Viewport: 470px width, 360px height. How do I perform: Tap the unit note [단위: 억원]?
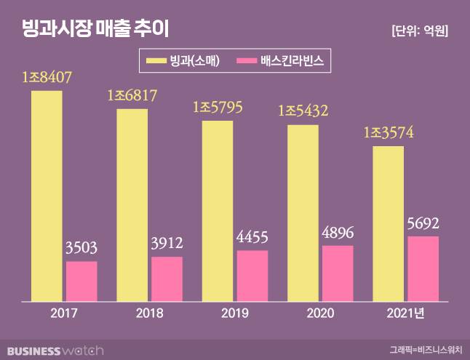click(x=419, y=31)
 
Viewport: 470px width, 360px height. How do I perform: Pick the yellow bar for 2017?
click(x=47, y=196)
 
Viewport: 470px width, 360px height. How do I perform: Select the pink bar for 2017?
click(x=81, y=281)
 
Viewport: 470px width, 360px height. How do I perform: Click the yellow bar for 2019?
click(x=218, y=210)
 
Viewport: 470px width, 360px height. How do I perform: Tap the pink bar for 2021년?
click(x=423, y=268)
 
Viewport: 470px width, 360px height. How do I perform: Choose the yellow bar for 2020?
click(x=303, y=212)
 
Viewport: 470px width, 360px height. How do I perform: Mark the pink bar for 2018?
click(x=167, y=279)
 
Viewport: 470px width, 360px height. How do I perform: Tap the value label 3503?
click(x=81, y=248)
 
